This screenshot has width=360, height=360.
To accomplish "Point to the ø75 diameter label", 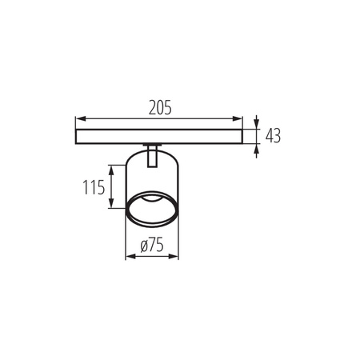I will click(x=152, y=247).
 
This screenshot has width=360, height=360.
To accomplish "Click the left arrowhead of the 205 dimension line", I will click(x=78, y=119).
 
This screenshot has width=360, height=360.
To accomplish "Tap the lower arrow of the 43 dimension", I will click(x=255, y=147).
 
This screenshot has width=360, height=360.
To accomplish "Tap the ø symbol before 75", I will click(x=142, y=247).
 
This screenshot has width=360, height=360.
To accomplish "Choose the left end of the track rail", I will click(x=75, y=134).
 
